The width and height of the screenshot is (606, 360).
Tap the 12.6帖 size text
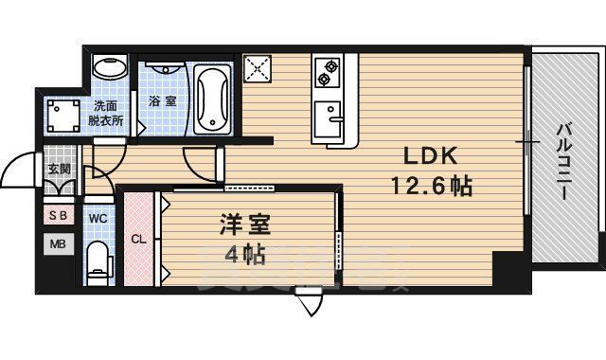point(432,186)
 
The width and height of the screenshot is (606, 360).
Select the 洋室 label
point(245,226)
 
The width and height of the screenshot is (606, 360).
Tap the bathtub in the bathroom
point(212,100)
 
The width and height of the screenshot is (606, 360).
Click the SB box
point(58,215)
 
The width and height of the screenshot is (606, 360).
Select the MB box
point(58,243)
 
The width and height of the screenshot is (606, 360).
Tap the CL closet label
point(138,239)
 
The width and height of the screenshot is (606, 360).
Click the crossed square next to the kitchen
point(258,68)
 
